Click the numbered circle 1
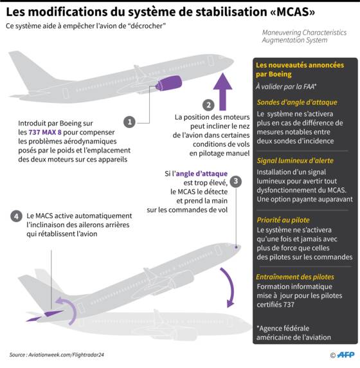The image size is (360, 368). coord(129,122)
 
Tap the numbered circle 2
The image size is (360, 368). coord(208,105)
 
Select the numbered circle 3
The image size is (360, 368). coord(236,181)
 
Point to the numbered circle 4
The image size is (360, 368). coord(17,216)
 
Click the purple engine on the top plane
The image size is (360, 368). coord(169,83)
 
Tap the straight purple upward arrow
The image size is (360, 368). coord(222,92)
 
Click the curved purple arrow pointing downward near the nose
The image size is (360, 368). coord(229,288)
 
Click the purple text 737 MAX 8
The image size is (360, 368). coord(45,132)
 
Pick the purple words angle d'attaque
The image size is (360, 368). coord(202,174)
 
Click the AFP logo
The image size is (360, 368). coord(345,355)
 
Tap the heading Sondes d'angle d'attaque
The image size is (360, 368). coord(297,102)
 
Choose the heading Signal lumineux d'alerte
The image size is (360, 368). coord(295,161)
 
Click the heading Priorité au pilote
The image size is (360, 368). coord(283,220)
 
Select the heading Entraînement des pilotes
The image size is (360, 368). coord(295,277)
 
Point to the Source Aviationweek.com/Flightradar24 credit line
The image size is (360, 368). coord(57,354)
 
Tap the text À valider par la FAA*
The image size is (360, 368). coord(286,87)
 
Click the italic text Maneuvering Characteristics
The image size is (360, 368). coord(304,32)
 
